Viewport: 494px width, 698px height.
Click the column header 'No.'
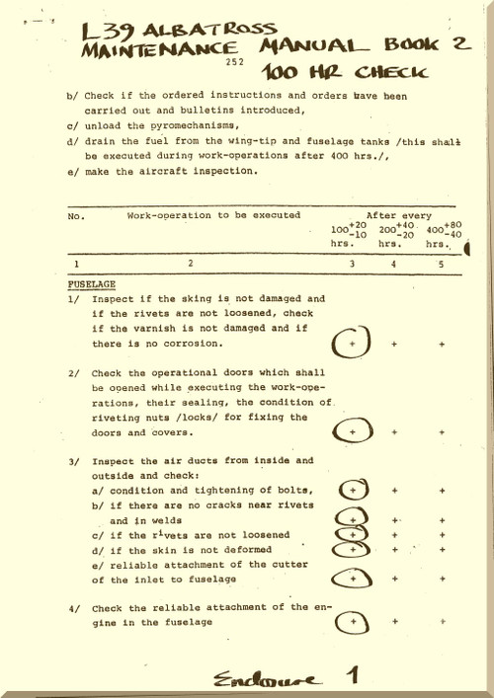74,214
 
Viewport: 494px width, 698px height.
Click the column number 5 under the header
441,264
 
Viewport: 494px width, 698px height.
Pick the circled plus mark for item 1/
351,343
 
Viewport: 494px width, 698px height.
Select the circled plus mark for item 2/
351,431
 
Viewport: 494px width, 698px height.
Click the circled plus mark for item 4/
352,622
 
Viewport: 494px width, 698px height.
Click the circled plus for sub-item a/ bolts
352,489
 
